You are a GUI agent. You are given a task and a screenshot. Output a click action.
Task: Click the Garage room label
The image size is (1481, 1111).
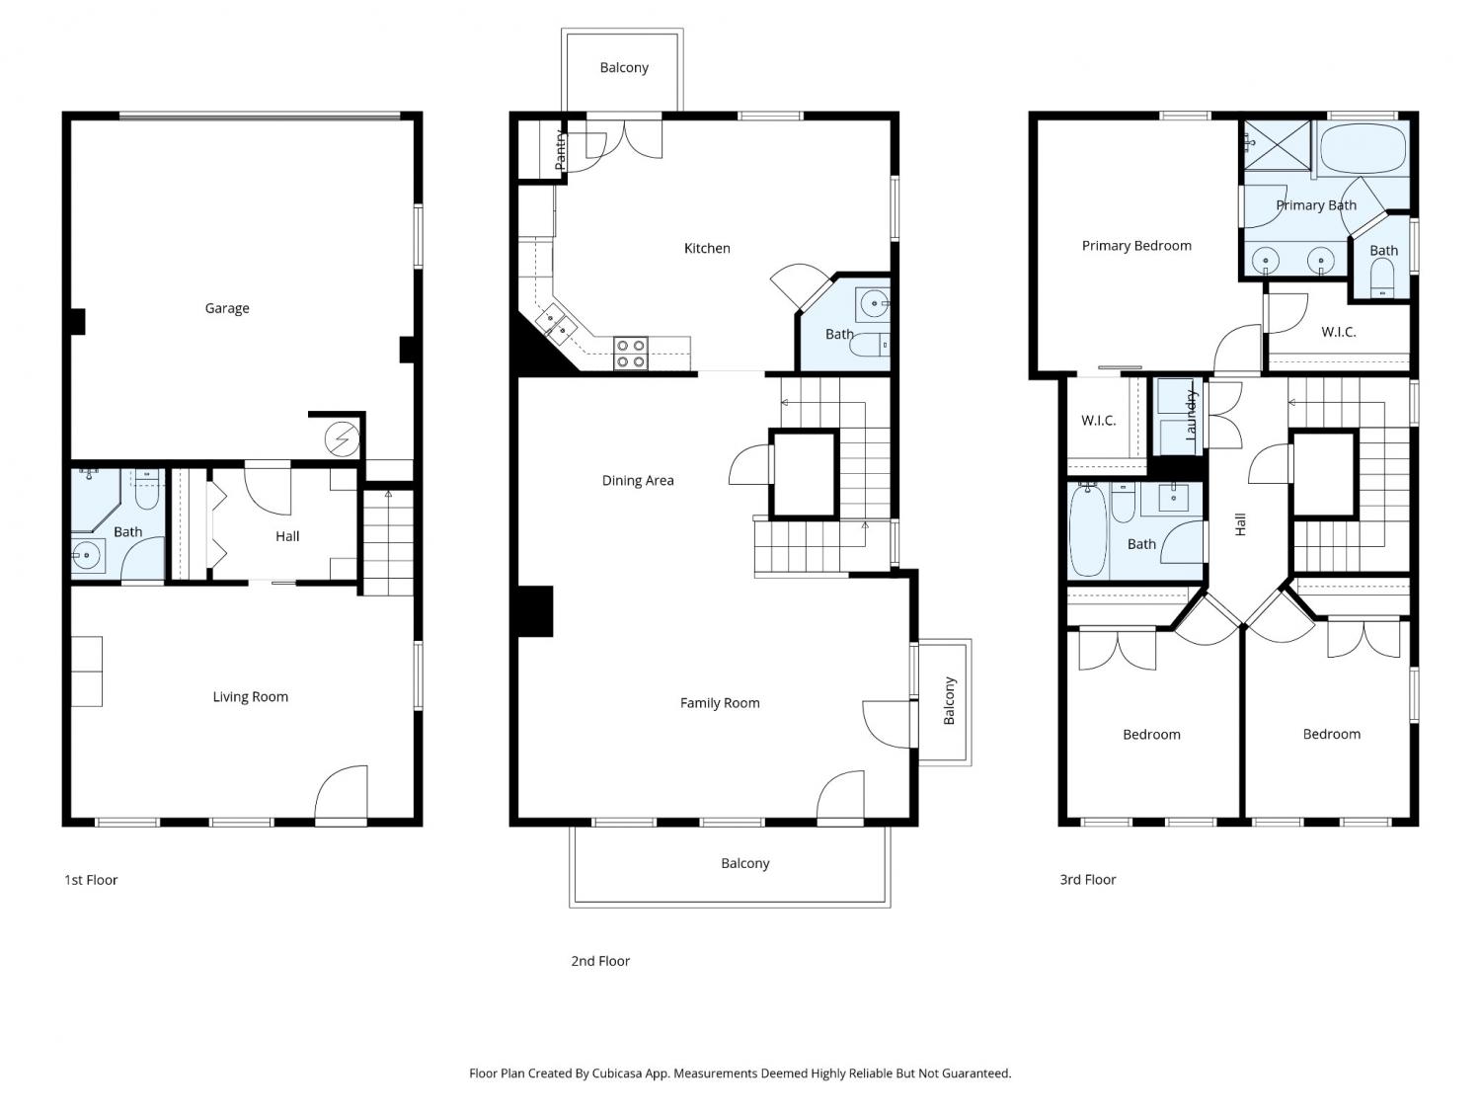[x=227, y=308]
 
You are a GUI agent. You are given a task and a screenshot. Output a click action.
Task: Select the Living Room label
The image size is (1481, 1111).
[x=251, y=697]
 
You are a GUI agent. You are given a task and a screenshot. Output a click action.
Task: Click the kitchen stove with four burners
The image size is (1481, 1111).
[x=630, y=354]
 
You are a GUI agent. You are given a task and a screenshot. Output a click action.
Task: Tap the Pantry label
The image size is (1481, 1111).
[x=561, y=150]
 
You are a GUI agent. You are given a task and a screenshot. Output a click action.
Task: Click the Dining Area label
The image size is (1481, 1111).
[x=638, y=480]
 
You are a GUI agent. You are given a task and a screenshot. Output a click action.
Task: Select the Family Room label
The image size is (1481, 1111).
[x=719, y=703]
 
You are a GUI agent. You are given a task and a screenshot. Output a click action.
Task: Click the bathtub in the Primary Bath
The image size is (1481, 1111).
[x=1363, y=148]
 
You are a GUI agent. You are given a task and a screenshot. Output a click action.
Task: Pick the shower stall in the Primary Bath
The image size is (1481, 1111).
[x=1277, y=146]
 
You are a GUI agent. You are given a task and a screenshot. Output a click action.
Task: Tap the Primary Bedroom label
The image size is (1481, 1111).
[x=1136, y=246]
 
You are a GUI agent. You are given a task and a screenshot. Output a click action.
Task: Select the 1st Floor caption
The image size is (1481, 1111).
[x=91, y=880]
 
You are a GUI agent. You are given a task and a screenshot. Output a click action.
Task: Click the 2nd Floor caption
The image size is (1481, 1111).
[x=600, y=961]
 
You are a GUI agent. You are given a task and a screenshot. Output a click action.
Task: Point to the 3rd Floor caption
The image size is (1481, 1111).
[x=1088, y=880]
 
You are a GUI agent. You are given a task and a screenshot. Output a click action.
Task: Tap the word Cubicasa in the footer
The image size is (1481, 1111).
[x=617, y=1073]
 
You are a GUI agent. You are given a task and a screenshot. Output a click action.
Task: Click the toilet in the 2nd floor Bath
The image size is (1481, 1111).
[x=869, y=345]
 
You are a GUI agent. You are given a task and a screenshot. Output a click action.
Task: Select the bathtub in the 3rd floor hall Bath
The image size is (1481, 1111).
[x=1088, y=530]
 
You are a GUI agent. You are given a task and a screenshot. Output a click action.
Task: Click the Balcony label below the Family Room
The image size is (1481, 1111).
[x=744, y=863]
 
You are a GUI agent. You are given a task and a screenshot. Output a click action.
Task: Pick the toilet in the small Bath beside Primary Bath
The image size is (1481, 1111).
[x=1382, y=278]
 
